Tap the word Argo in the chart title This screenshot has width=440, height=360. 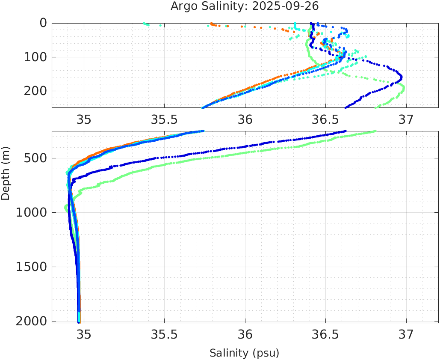(x=183, y=6)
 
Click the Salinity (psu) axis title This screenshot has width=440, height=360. (x=244, y=353)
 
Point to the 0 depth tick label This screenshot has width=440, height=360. (x=43, y=23)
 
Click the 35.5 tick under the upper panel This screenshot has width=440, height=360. (x=164, y=119)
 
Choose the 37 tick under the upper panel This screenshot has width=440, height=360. (x=406, y=119)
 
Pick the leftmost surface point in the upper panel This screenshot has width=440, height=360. (x=144, y=23)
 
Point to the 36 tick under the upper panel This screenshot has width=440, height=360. (x=245, y=119)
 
